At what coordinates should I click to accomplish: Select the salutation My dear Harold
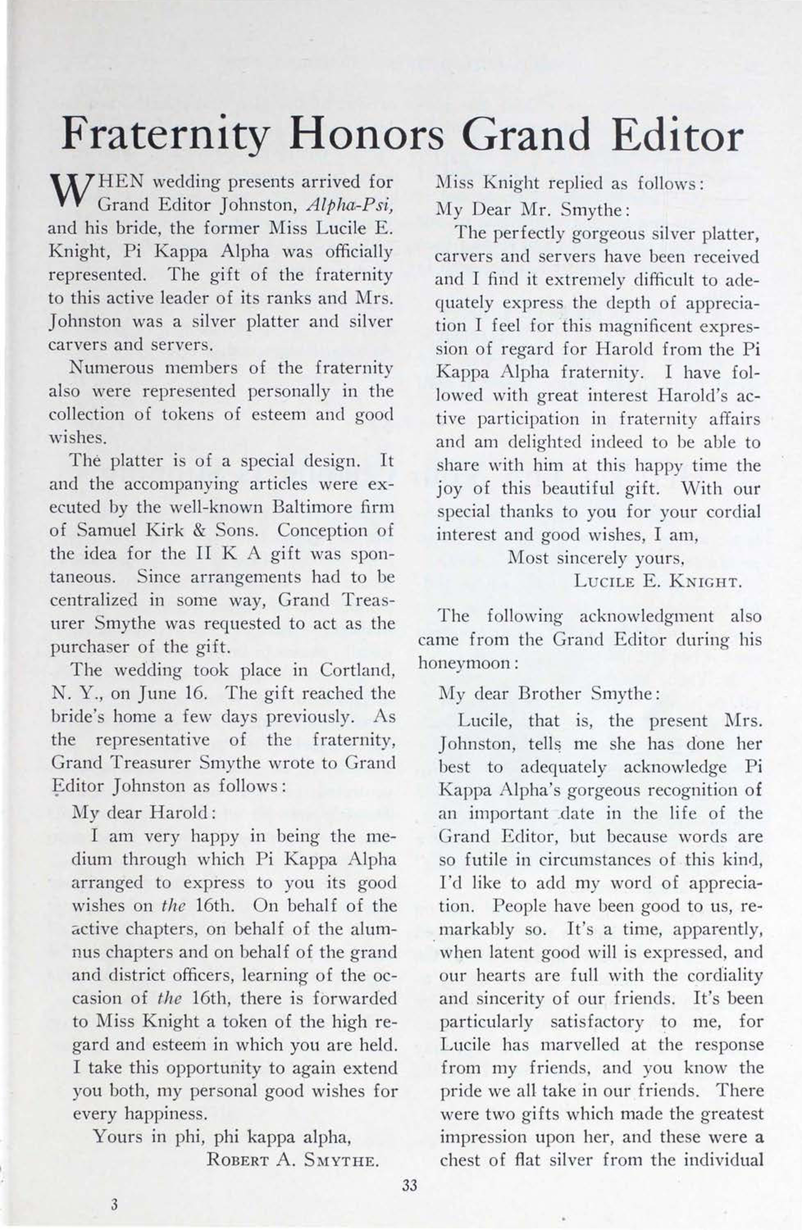143,813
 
